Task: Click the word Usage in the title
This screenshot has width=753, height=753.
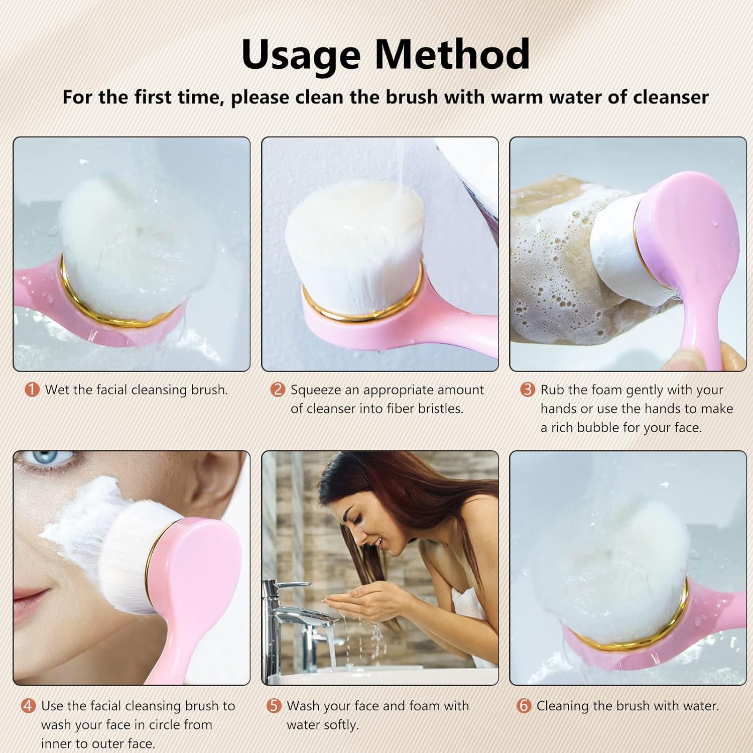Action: (300, 54)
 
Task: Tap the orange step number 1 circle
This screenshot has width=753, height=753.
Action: (32, 390)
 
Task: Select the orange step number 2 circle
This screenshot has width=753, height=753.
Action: (278, 390)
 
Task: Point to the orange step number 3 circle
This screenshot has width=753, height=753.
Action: (527, 390)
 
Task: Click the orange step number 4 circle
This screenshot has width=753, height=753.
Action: (28, 706)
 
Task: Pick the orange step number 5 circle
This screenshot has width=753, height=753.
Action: (274, 706)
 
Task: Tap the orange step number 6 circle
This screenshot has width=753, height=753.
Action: (524, 706)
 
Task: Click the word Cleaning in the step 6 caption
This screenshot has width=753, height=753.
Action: (563, 706)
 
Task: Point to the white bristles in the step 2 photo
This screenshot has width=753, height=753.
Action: (351, 241)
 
